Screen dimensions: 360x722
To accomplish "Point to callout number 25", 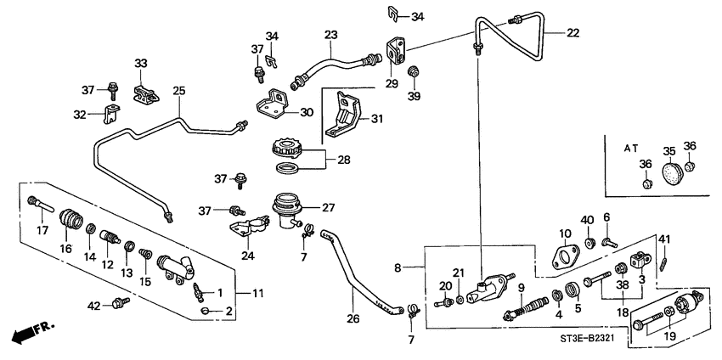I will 178,91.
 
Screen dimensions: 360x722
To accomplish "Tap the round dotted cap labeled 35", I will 670,174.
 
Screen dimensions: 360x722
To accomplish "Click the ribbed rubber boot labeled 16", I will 69,224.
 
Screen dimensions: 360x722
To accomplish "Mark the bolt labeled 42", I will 120,301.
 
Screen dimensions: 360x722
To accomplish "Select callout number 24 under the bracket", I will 246,254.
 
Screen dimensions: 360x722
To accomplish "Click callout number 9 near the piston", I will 521,289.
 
